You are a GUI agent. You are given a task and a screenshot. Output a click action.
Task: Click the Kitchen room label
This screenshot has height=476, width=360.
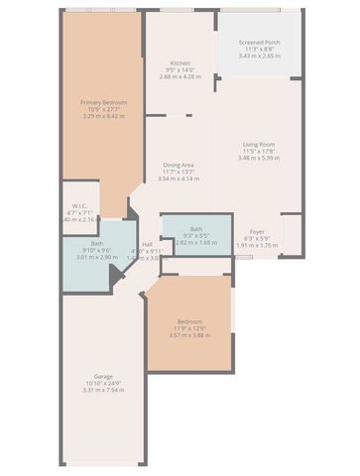180,62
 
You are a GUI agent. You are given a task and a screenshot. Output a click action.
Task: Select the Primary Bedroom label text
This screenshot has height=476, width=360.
102,102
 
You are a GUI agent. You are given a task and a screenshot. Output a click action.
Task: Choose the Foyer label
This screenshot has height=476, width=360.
257,231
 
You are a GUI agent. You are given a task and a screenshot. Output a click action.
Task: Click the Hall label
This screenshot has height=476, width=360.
147,244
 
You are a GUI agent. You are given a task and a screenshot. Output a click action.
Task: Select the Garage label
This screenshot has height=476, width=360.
103,376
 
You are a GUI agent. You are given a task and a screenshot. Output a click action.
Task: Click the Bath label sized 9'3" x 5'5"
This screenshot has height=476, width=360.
196,228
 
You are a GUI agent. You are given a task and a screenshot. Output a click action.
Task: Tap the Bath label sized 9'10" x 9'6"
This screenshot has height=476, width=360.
97,243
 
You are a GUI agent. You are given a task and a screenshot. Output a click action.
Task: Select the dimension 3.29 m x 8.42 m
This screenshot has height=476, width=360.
102,116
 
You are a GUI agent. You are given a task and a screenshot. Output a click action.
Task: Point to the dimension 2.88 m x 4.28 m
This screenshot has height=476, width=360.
180,76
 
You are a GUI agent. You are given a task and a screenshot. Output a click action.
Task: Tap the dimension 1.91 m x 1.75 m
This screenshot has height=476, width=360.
257,245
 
